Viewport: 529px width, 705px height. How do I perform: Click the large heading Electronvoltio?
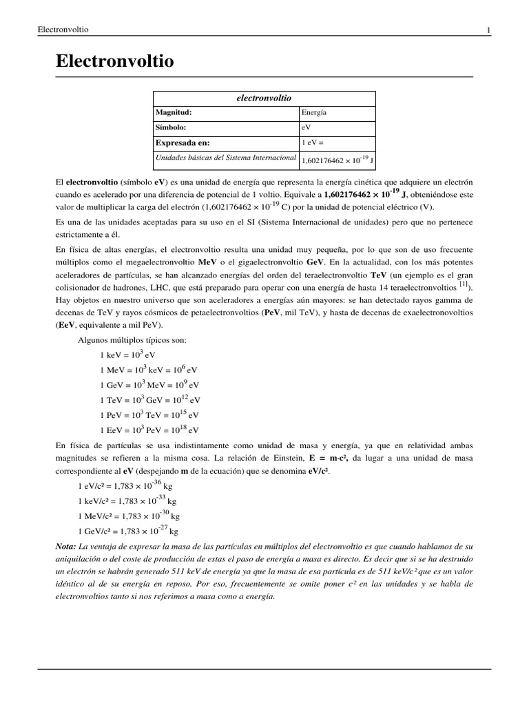(114, 62)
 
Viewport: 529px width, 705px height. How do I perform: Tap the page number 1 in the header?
(488, 30)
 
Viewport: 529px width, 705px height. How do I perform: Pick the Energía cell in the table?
(314, 112)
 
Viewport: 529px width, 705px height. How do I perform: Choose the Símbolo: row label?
(171, 127)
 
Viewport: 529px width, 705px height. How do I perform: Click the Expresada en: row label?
(183, 143)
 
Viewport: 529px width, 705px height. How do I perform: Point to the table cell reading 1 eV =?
(313, 143)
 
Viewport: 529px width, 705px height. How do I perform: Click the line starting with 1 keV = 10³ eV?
(127, 355)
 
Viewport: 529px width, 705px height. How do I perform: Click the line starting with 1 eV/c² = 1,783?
(124, 486)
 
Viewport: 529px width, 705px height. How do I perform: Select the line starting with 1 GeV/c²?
(127, 532)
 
